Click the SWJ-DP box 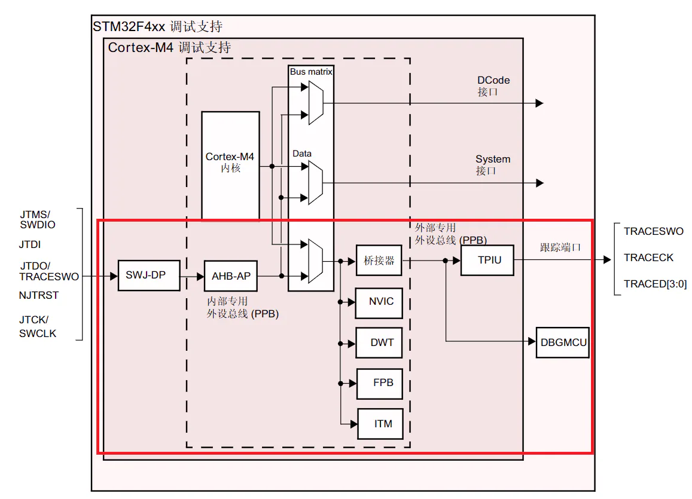pos(149,275)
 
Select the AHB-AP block pos(231,276)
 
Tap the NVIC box pos(379,303)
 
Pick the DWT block pos(379,342)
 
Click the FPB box pos(380,384)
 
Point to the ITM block pos(380,424)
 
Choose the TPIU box pos(487,260)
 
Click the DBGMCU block pos(563,342)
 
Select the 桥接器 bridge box pos(379,261)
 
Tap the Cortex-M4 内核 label pos(230,162)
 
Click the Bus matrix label pos(310,71)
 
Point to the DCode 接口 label pos(493,86)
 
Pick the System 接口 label pos(492,165)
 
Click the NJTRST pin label pos(39,295)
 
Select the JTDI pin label pos(30,244)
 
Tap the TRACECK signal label pos(648,258)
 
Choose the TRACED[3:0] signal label pos(655,284)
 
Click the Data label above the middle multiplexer pos(302,154)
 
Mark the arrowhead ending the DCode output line pos(539,103)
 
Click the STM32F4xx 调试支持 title pos(157,26)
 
